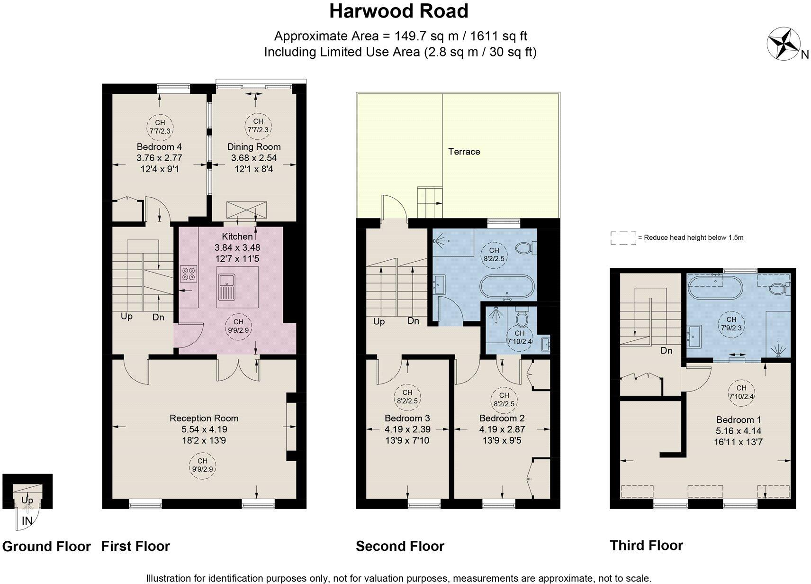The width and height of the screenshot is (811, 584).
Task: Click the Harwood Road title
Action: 399,11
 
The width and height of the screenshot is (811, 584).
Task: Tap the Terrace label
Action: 464,152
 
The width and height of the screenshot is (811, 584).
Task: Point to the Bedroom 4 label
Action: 159,147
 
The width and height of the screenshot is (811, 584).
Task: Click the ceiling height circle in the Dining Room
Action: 258,126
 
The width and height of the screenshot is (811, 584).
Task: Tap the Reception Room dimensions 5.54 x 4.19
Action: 204,429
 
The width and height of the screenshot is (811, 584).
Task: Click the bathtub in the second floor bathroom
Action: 507,287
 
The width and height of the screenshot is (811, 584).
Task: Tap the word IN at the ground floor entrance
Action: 27,521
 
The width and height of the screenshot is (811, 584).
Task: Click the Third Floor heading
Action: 646,545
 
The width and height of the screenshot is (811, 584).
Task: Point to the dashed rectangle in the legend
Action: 623,238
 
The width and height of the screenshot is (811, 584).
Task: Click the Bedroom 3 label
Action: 407,418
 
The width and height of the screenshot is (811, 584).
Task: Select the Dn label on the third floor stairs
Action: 667,351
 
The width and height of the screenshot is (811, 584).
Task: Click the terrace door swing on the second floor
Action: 393,209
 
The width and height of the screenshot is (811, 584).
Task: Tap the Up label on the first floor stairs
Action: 126,316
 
